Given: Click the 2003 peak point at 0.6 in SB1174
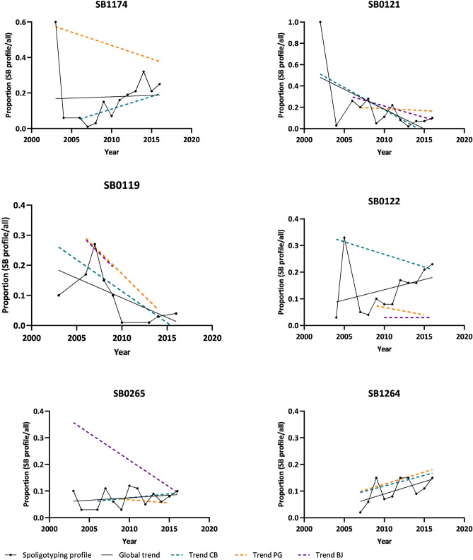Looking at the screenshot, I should coord(55,22).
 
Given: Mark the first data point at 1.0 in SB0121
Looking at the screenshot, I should coord(320,22).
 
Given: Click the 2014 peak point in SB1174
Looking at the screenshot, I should coord(144,71).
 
